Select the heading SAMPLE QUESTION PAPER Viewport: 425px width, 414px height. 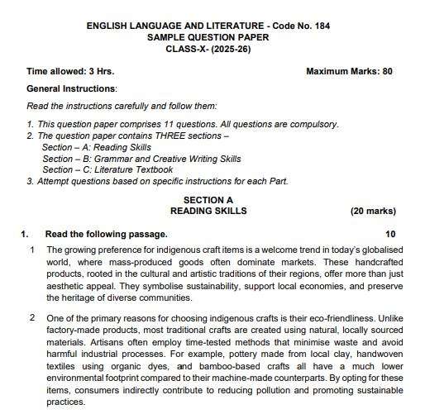[x=213, y=38]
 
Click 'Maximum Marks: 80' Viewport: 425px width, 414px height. [x=349, y=72]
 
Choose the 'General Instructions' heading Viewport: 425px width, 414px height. [x=72, y=88]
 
